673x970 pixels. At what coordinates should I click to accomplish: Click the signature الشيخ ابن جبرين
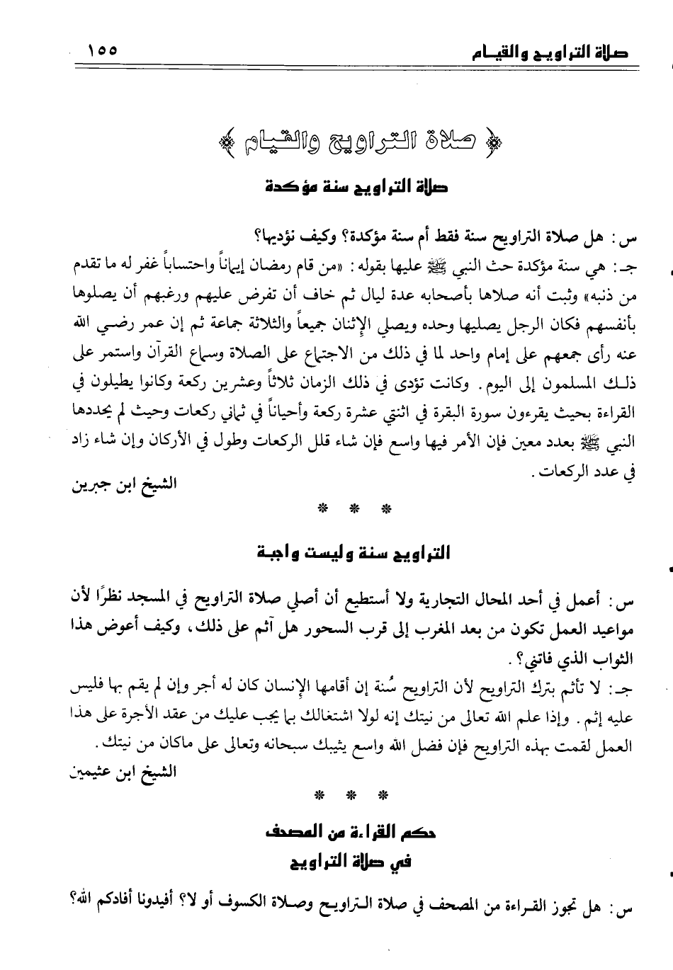pos(124,485)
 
